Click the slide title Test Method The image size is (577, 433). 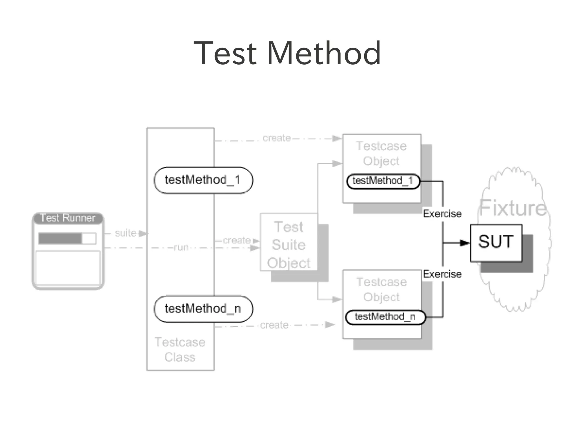[287, 53]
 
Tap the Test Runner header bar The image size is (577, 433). [68, 218]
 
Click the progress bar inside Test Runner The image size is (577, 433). [67, 238]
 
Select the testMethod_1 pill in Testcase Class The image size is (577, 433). [203, 180]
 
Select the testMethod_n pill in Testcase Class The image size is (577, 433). [203, 309]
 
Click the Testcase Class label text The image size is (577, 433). [180, 350]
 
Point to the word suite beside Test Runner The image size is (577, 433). [125, 233]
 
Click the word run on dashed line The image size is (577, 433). [181, 247]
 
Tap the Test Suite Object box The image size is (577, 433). [289, 244]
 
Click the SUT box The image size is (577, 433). [496, 242]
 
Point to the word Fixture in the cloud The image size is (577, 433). [513, 208]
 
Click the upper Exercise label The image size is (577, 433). [442, 214]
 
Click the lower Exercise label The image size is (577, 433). [442, 274]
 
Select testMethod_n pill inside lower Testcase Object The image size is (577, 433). [385, 317]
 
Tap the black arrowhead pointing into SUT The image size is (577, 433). [464, 243]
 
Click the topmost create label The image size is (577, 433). [276, 138]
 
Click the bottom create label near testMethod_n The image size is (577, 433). [274, 325]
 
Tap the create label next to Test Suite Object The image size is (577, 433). [237, 240]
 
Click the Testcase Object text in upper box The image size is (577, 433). [381, 153]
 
